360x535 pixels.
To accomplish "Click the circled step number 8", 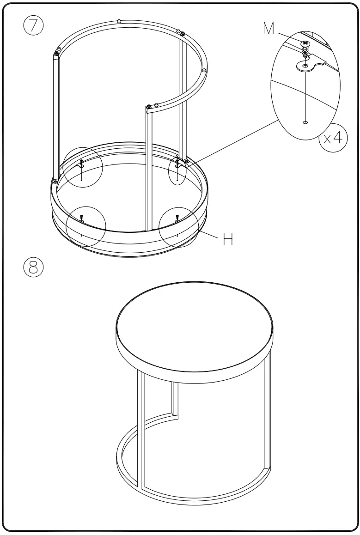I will click(33, 267).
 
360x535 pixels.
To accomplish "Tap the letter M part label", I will click(269, 29).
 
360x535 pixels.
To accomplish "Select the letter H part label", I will click(227, 238).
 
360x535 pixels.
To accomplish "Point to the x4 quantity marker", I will click(334, 139).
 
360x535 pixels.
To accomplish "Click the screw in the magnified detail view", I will click(305, 48).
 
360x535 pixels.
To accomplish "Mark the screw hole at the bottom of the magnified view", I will click(305, 122).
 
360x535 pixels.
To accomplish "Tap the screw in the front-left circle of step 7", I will click(81, 217).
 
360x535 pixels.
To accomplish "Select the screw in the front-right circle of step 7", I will click(177, 217).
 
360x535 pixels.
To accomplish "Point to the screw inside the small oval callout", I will click(177, 163).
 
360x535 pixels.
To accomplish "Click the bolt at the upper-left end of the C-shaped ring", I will click(56, 53).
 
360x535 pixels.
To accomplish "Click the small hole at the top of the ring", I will click(119, 21).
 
